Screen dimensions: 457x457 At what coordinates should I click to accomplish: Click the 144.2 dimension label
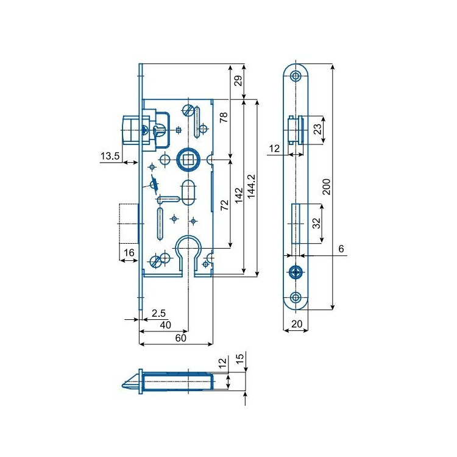coord(251,186)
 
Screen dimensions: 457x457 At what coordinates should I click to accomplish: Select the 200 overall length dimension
coord(327,187)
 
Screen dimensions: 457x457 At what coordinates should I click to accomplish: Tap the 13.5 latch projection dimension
coord(110,156)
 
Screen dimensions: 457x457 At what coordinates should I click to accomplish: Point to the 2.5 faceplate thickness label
coord(158,313)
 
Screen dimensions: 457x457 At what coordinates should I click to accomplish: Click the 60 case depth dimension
coord(181,338)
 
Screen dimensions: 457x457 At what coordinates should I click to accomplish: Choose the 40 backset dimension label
coord(165,325)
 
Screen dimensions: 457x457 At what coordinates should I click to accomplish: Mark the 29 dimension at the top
coord(238,80)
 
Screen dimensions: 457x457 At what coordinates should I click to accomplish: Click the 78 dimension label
coord(224,117)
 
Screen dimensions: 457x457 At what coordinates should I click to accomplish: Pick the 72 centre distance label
coord(224,205)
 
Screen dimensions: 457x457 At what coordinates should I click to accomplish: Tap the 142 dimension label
coord(239,196)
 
